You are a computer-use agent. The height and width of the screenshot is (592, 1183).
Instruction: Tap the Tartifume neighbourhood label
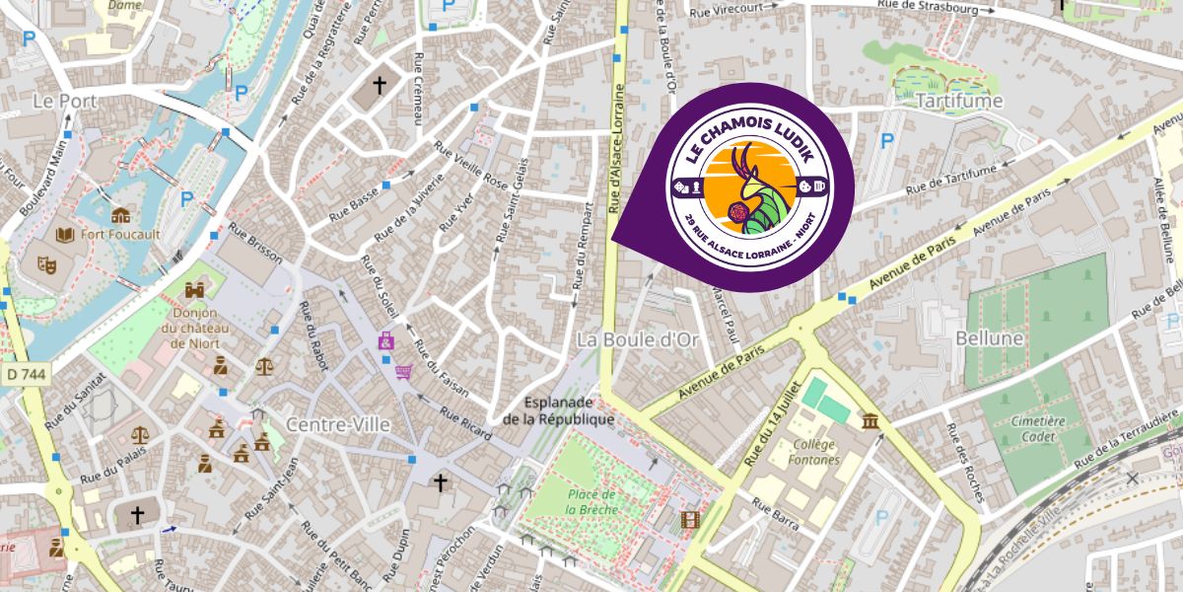coord(958,101)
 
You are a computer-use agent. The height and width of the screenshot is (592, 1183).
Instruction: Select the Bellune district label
coord(990,338)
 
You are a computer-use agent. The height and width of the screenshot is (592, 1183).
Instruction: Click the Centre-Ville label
coord(338,424)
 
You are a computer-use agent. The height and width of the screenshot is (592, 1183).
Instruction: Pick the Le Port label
coord(64,101)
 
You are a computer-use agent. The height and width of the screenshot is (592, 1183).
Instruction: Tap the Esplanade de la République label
coord(558,410)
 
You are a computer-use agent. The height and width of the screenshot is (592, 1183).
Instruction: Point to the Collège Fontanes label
coord(814,452)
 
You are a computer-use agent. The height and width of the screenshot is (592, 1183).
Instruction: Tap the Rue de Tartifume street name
coord(950,179)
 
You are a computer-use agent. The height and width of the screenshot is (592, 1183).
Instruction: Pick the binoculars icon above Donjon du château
coord(195,290)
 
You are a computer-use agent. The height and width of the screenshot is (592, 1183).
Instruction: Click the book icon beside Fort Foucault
coord(66,235)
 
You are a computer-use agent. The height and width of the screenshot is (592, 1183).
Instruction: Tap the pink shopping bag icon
coord(385,341)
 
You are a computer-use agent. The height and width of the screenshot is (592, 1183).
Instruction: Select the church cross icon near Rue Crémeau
coord(379,87)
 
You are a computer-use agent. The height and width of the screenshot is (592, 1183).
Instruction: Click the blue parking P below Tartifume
coord(886,141)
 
